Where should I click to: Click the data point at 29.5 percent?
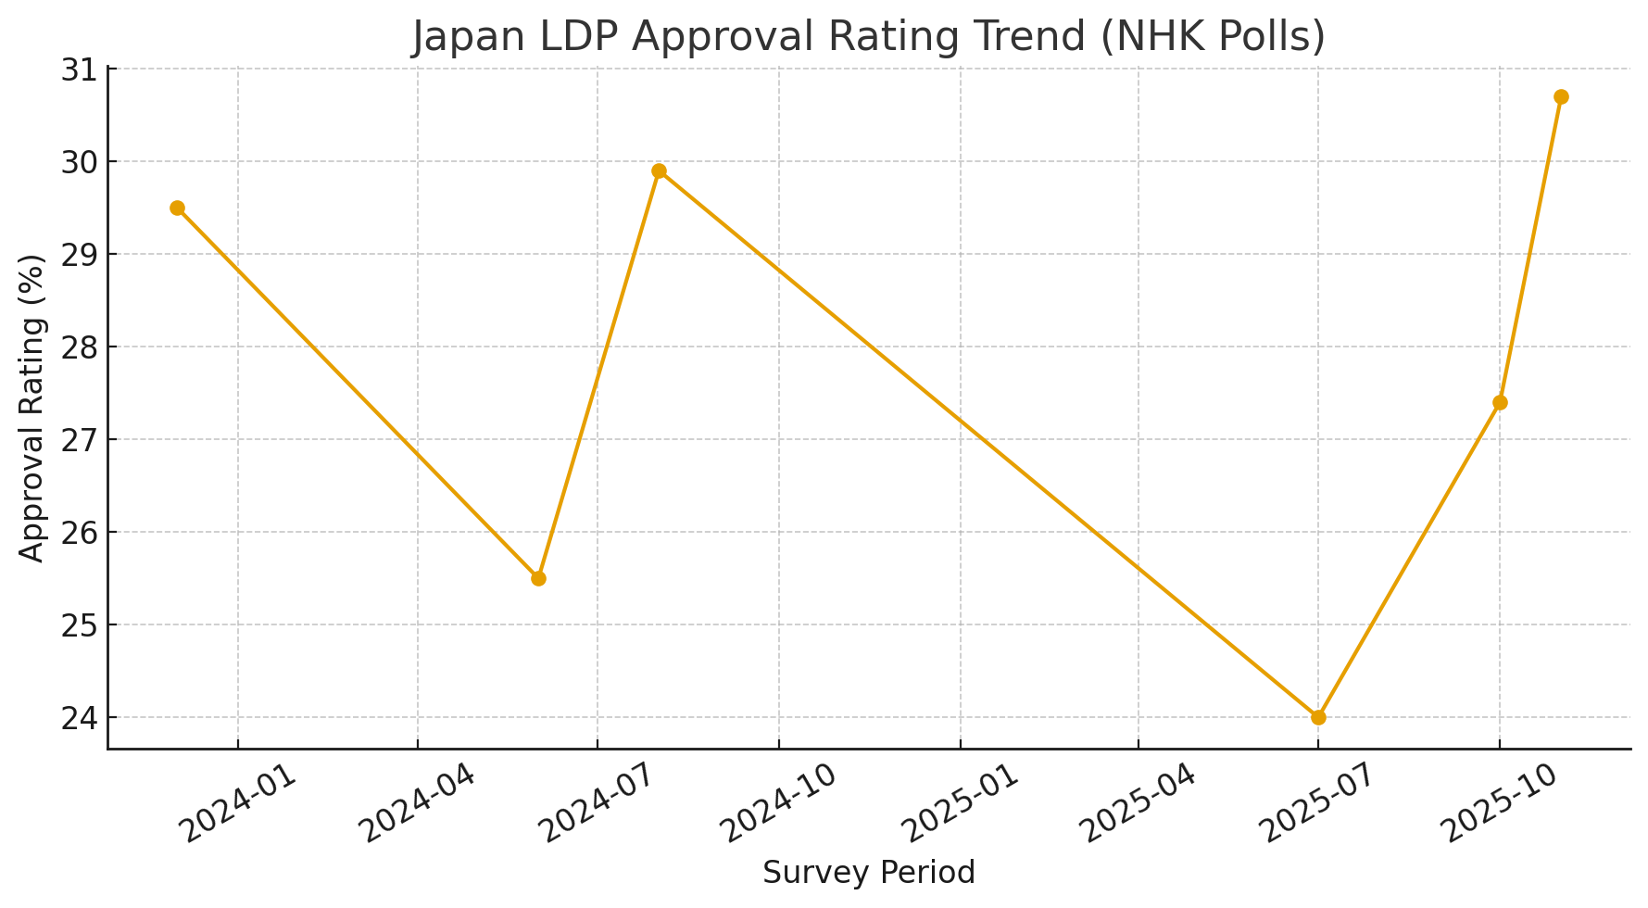(177, 208)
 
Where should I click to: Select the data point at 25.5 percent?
(538, 578)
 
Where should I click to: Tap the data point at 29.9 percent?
(659, 170)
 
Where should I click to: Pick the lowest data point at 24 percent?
(1318, 717)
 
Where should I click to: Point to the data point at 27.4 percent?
(1500, 402)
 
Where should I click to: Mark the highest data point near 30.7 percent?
(1561, 96)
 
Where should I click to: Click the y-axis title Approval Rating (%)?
(32, 408)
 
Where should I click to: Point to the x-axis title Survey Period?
(869, 873)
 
